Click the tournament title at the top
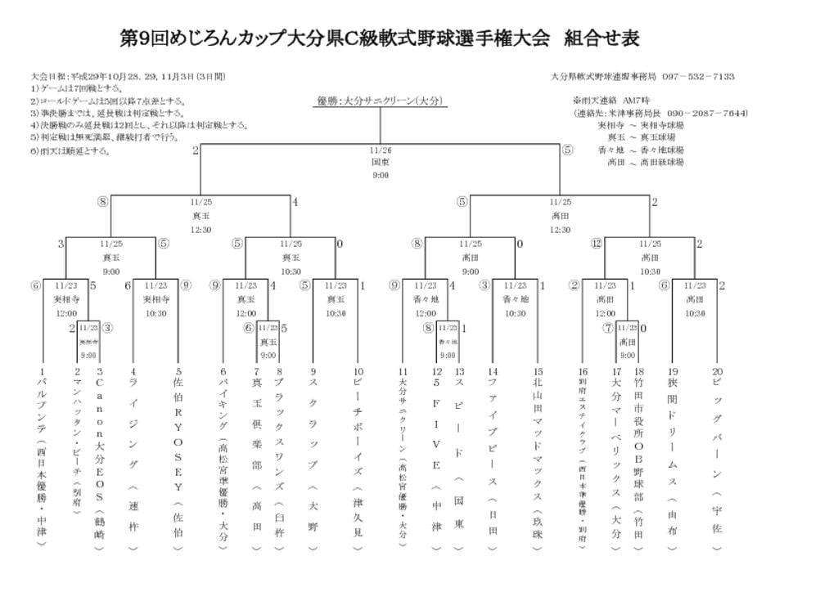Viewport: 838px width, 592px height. [379, 38]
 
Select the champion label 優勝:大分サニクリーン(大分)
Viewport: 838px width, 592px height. [380, 101]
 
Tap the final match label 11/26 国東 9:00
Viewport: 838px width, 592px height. [381, 162]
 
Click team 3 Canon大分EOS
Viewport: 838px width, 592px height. [99, 457]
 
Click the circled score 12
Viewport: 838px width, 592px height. [597, 243]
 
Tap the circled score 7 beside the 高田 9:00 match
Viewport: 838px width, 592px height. [607, 328]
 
